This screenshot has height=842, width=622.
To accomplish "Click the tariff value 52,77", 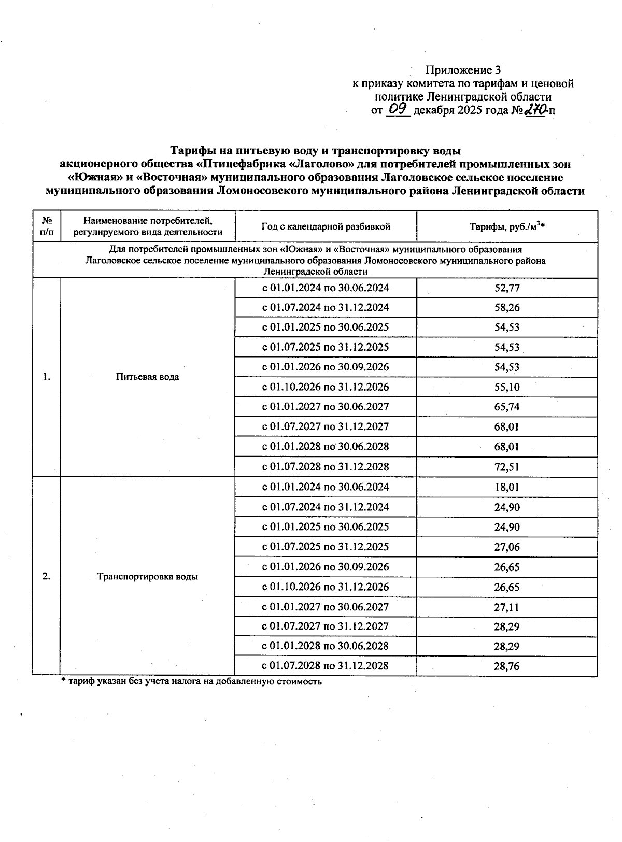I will point(506,288).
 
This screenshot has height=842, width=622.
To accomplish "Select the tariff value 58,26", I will point(506,308).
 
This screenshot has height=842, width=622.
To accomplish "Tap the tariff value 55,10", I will point(506,387).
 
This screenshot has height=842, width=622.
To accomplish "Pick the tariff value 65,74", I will point(506,407).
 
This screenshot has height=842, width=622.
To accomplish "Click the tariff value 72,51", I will point(506,467).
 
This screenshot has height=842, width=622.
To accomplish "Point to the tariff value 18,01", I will point(506,487).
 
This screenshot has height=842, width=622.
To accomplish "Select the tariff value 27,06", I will point(506,547).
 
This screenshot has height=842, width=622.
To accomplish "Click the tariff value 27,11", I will point(506,607).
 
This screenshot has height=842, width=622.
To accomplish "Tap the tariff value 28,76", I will point(506,666).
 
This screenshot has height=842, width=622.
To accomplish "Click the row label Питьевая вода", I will point(148,377).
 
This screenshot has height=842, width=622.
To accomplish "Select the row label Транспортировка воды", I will point(148,577).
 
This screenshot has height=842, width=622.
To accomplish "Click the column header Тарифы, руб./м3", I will point(506,226).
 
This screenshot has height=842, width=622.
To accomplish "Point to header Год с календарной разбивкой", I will point(326,226).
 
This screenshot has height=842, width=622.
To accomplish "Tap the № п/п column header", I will point(47,226).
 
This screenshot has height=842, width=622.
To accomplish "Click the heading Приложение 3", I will point(463,69).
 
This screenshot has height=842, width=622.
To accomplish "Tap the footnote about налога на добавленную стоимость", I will point(192,682).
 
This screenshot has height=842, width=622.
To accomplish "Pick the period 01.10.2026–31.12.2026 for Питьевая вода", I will point(326,387).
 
